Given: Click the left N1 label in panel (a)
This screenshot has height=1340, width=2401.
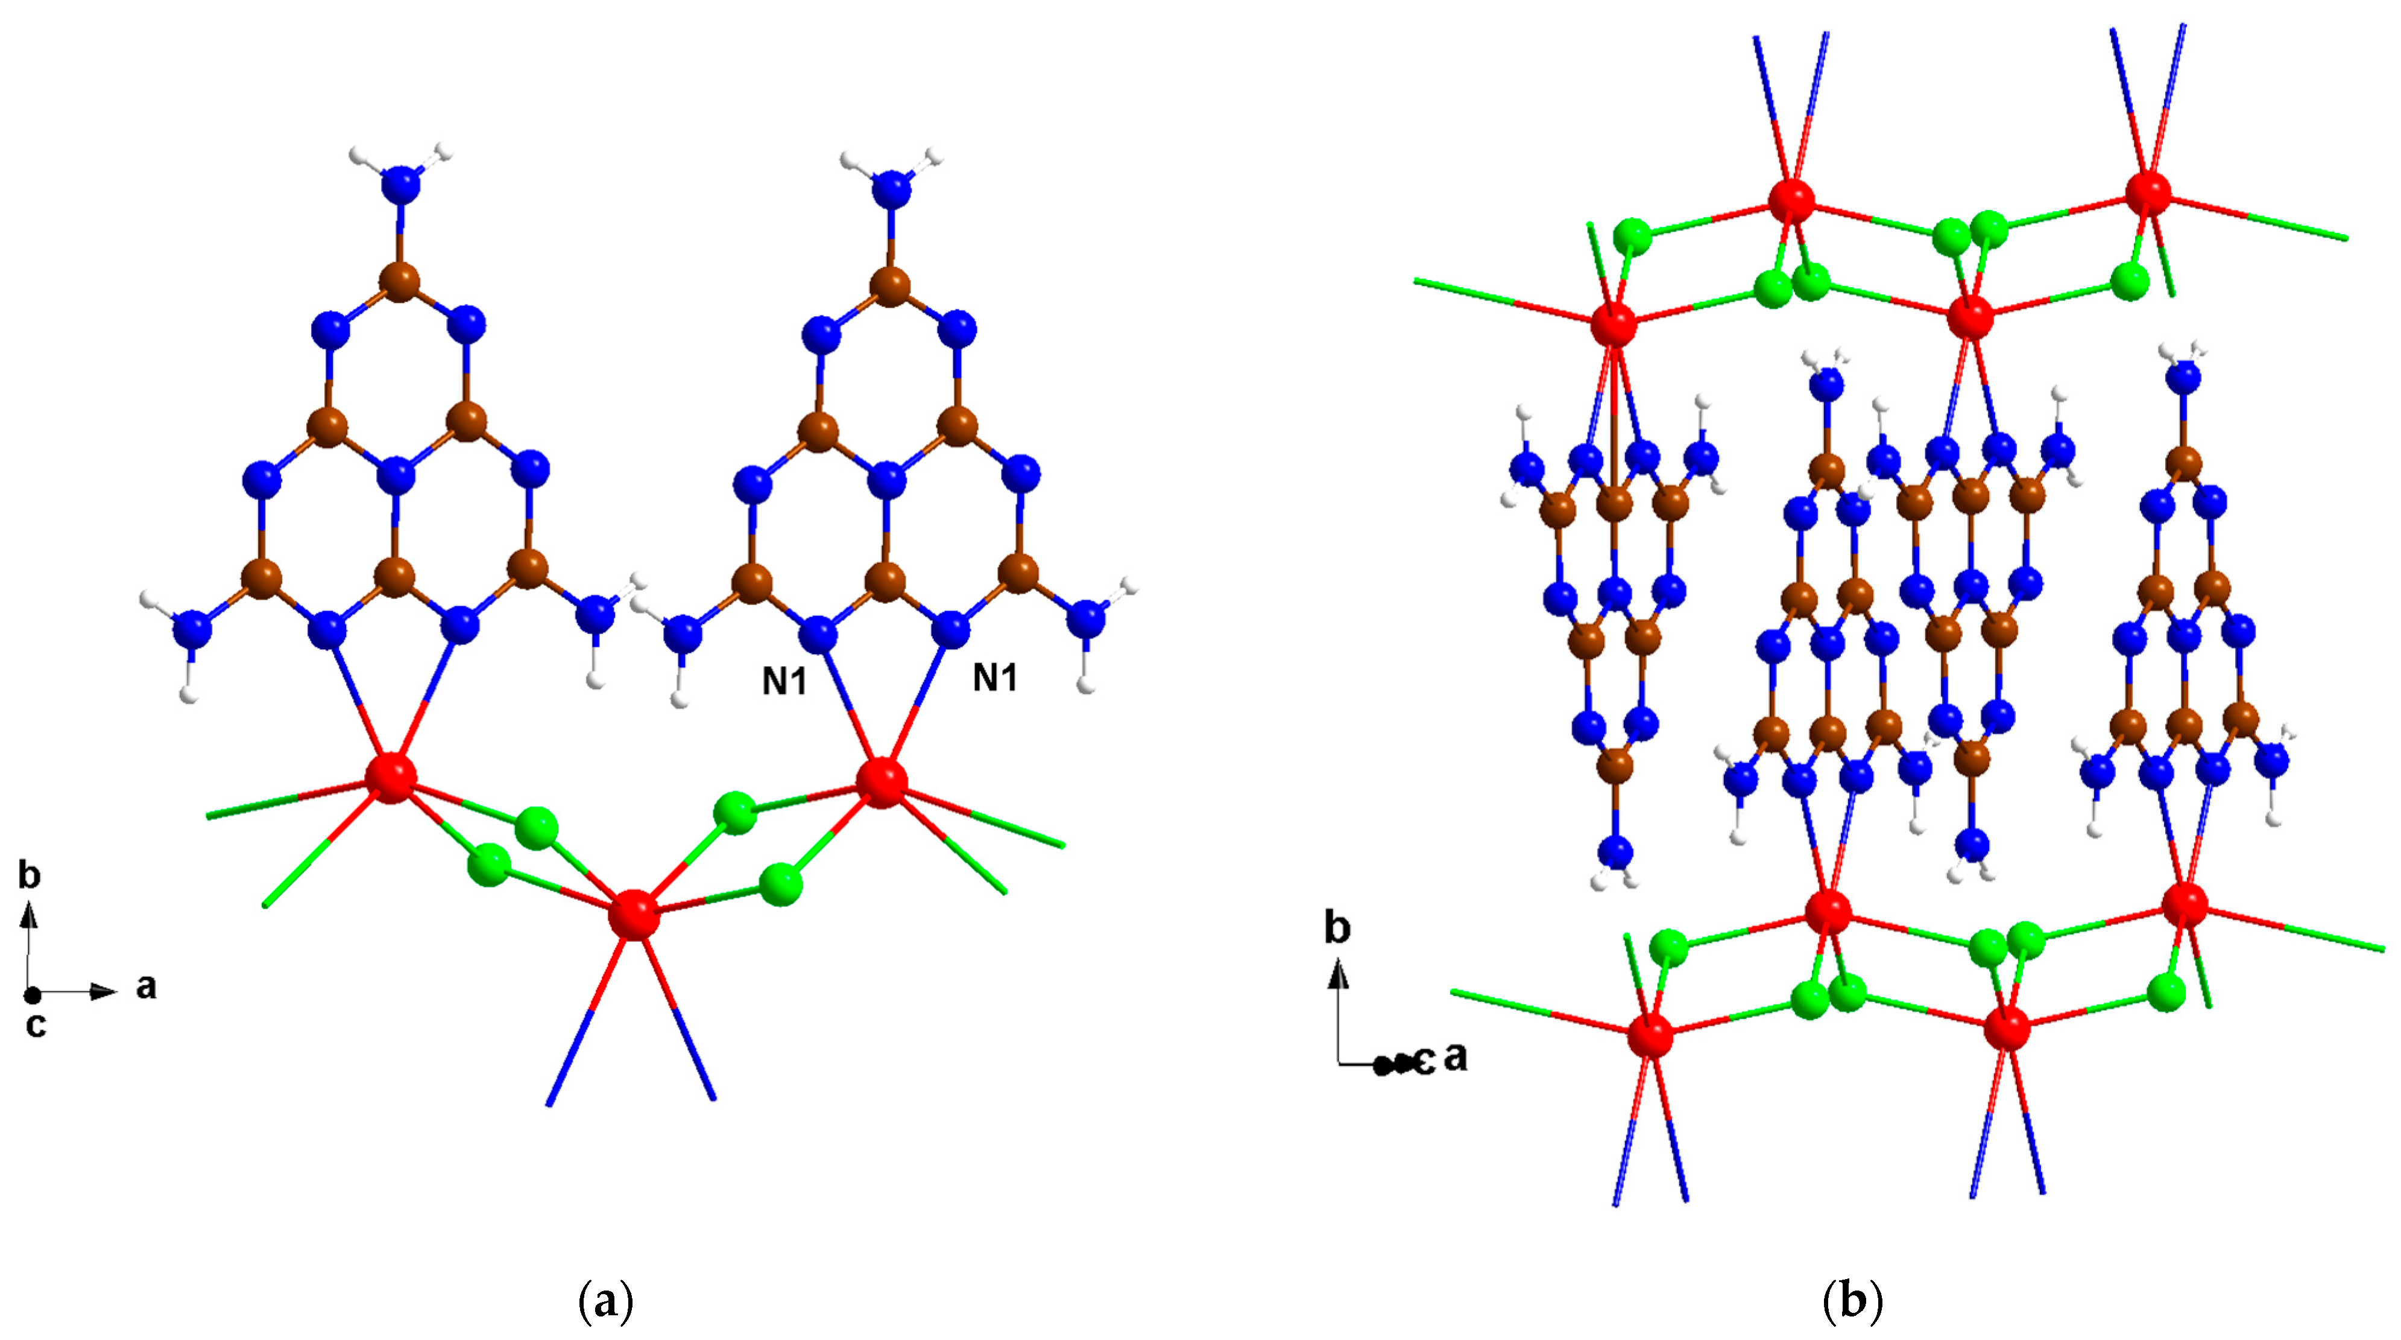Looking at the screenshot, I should (x=784, y=682).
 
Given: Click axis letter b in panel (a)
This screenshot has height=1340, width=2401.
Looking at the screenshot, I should (x=30, y=875).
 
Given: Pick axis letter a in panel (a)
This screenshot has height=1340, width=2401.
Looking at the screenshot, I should (x=147, y=986).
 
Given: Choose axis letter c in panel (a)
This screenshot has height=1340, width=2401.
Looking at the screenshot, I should (x=36, y=1025).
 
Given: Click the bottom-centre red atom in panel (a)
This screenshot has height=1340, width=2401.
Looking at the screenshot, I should (x=634, y=915).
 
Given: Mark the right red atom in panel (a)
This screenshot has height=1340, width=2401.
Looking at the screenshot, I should (x=882, y=781).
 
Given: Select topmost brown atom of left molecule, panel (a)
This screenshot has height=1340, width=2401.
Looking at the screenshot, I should (x=400, y=281).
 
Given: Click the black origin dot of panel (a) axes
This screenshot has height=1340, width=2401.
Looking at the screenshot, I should (x=33, y=995).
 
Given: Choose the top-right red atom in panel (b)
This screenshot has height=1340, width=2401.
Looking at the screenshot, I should (x=2148, y=192).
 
